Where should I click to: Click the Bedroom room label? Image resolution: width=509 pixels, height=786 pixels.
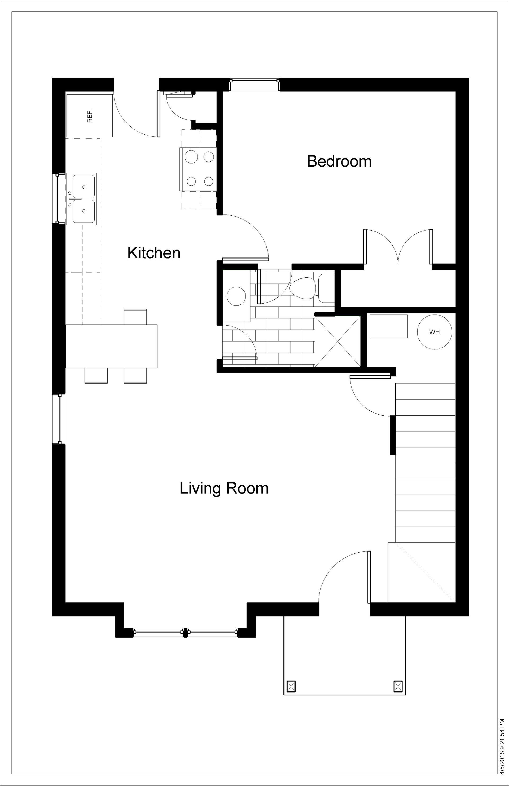coord(339,162)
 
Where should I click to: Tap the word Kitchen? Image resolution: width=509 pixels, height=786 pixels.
coord(154,253)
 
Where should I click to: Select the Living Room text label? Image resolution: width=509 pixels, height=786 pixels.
coord(224,489)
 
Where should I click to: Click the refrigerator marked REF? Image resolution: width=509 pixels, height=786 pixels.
coord(90,115)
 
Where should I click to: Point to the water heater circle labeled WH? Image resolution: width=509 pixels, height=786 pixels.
coord(434,332)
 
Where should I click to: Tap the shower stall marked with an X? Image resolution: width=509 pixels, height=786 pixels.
coord(337,341)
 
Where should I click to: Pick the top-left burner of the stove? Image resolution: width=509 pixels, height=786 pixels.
coord(191,157)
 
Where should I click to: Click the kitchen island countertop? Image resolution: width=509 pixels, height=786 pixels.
coord(111,346)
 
